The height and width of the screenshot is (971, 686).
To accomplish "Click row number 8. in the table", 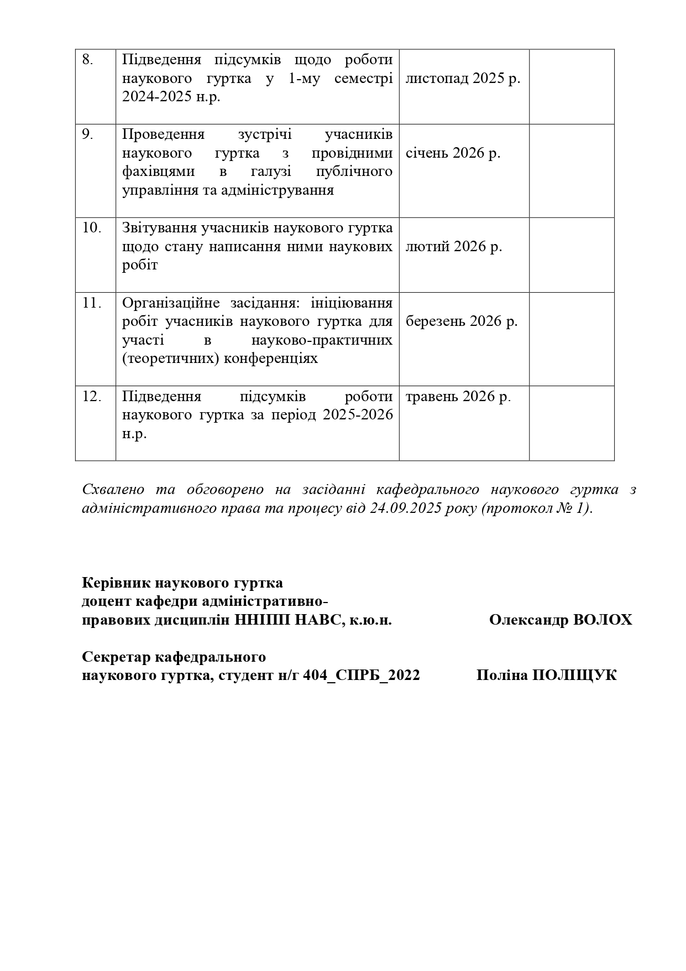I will [87, 60].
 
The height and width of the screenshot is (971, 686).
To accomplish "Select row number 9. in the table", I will [87, 134].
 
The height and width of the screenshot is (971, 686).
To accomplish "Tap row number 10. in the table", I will [91, 228].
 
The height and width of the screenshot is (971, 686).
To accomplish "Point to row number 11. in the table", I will [91, 303].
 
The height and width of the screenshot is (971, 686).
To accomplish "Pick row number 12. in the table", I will [91, 396].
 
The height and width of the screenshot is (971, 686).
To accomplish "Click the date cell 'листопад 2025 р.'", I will [463, 79].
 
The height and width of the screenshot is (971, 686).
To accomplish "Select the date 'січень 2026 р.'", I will [453, 153].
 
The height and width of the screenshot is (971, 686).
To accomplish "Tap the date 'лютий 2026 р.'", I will [454, 247].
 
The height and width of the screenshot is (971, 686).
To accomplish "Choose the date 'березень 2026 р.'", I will [462, 321].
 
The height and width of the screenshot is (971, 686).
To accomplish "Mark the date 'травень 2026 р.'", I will [458, 396].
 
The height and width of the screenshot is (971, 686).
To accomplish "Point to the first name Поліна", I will [502, 675].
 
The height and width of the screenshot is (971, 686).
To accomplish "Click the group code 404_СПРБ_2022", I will [362, 675].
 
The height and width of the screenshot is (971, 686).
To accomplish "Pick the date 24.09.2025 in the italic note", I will [406, 508].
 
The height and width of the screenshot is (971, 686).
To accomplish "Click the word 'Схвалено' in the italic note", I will [113, 490].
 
